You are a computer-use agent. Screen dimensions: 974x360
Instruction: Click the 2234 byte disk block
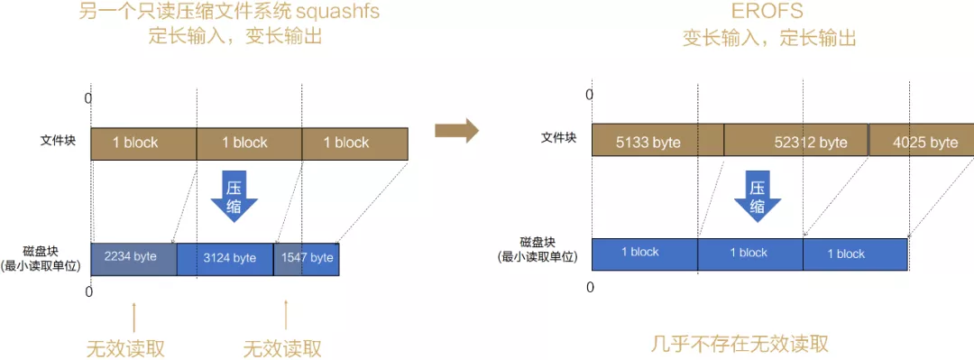point(133,258)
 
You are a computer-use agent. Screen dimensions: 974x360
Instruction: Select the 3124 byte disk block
point(225,258)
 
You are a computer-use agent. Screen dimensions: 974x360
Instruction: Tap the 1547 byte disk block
point(307,258)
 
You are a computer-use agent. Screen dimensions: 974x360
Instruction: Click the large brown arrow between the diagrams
point(456,132)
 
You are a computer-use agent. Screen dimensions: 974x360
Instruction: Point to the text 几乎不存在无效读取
point(740,344)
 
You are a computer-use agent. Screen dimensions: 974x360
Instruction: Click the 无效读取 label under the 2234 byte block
point(125,348)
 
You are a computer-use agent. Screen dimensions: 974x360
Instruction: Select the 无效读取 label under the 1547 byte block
point(282,348)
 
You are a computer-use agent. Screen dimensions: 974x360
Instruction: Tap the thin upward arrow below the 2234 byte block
point(133,315)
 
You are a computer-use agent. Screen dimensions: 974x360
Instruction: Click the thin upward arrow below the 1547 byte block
point(286,315)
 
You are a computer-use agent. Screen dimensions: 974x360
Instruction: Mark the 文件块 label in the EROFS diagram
point(558,138)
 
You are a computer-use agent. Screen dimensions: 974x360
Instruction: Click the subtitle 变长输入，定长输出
point(768,39)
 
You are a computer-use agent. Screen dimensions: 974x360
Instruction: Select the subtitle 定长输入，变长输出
point(234,38)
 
